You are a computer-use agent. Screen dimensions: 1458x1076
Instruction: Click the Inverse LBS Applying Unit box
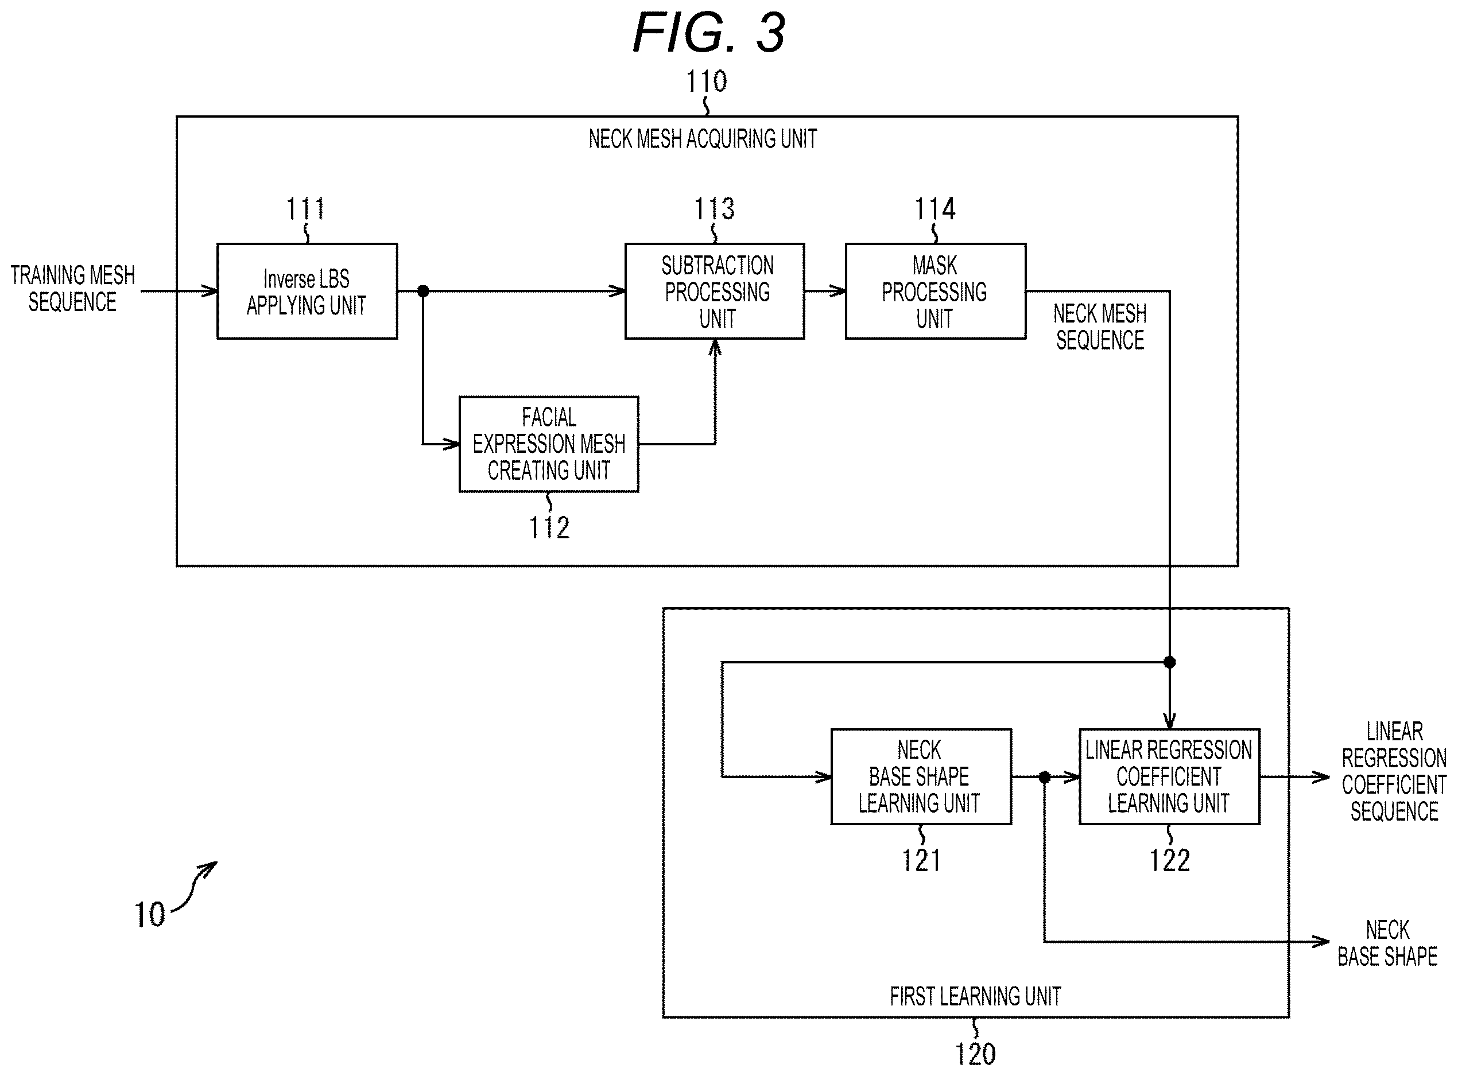coord(307,291)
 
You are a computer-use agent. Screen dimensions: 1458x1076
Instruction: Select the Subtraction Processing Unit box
coord(715,291)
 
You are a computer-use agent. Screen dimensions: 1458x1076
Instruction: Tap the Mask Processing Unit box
coord(936,291)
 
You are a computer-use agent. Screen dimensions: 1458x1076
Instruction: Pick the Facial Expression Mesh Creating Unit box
coord(549,444)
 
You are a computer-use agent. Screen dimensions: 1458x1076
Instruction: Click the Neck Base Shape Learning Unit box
coord(921,776)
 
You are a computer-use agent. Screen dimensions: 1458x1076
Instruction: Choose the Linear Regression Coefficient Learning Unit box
coord(1169,776)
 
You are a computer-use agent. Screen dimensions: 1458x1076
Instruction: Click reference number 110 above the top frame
coord(707,81)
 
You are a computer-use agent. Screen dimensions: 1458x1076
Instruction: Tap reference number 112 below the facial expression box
coord(549,527)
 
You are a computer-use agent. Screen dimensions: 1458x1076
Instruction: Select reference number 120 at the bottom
coord(975,1054)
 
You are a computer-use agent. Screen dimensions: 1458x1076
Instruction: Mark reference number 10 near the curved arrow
coord(150,915)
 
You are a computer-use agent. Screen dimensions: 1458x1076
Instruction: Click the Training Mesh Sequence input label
coord(72,289)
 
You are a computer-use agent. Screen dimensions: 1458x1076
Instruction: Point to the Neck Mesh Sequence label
coord(1100,327)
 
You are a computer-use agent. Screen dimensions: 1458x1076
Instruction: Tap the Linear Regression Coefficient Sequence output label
coord(1394,772)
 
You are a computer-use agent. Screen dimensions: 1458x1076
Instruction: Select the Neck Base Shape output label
coord(1387,943)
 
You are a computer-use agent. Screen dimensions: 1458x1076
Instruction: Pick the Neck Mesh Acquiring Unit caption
coord(703,139)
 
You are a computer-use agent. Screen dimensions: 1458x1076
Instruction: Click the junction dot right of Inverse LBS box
coord(423,291)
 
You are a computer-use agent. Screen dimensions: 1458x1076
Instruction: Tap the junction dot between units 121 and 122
coord(1044,776)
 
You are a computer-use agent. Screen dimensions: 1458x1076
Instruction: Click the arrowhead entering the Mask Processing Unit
coord(836,291)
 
